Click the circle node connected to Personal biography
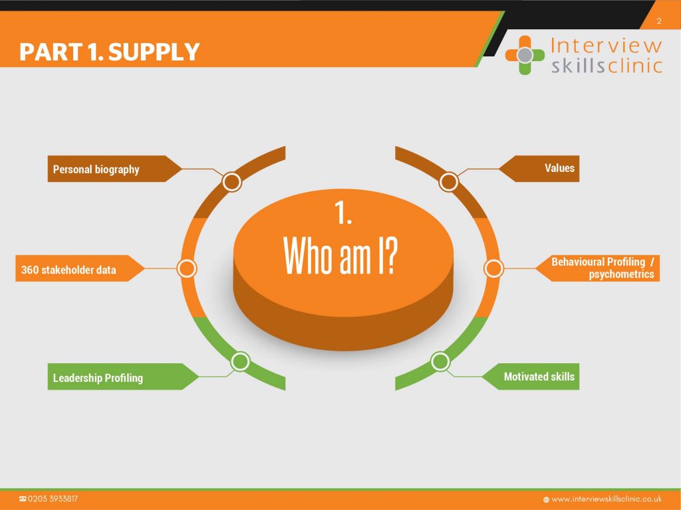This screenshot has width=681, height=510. pyautogui.click(x=232, y=182)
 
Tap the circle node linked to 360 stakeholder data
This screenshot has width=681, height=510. pyautogui.click(x=187, y=268)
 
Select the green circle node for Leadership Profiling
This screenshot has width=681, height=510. pyautogui.click(x=240, y=361)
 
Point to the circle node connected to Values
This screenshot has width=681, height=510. pyautogui.click(x=449, y=182)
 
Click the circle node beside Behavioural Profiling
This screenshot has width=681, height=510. pyautogui.click(x=493, y=268)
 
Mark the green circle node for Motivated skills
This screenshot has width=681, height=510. pyautogui.click(x=440, y=361)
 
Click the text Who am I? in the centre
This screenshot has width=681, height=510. pyautogui.click(x=340, y=256)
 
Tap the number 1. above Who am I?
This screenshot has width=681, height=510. pyautogui.click(x=342, y=212)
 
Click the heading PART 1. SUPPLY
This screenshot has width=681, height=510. pyautogui.click(x=110, y=52)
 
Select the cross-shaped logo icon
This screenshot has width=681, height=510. pyautogui.click(x=525, y=55)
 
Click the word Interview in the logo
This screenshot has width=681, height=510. pyautogui.click(x=607, y=45)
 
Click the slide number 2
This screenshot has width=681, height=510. pyautogui.click(x=659, y=21)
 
